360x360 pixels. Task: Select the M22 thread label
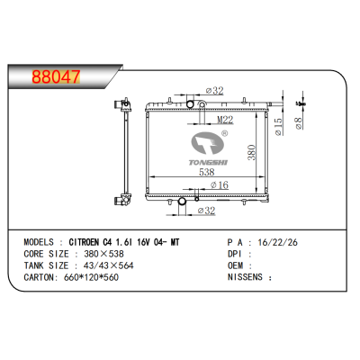coord(225,118)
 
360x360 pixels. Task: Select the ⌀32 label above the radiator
coord(214,90)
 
